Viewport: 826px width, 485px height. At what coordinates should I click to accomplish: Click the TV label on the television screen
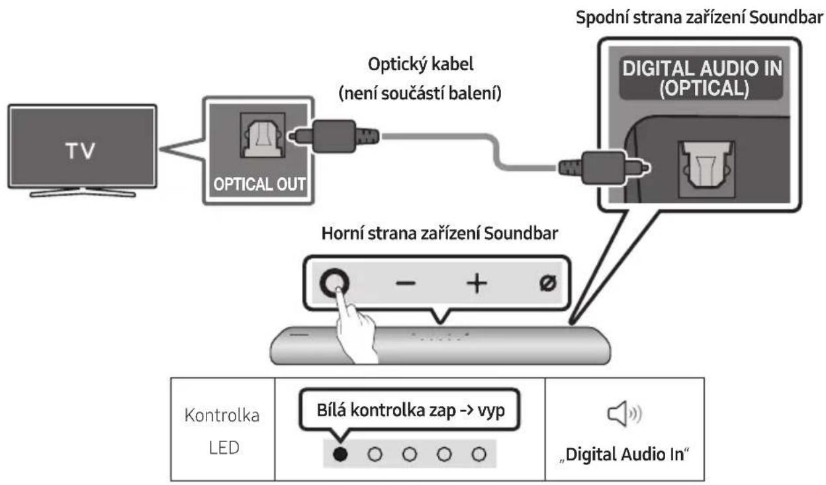coord(79,151)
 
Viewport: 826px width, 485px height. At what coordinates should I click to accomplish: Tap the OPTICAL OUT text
coord(255,185)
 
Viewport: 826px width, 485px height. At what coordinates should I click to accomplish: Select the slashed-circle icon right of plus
coord(549,283)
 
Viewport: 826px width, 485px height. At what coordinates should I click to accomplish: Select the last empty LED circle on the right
coord(479,454)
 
